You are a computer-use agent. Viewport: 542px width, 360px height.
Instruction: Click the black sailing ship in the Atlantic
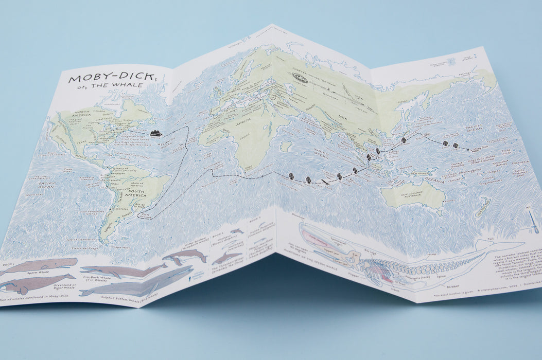pyautogui.click(x=155, y=134)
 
